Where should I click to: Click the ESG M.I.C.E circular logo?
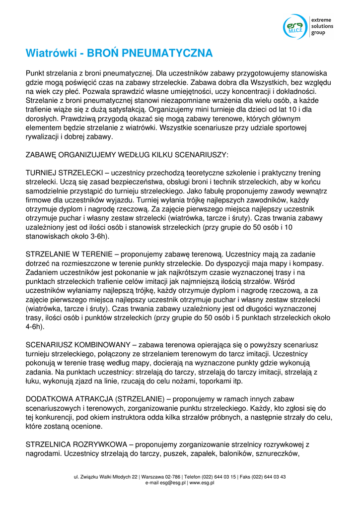[x=295, y=27]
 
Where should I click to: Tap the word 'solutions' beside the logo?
[x=322, y=26]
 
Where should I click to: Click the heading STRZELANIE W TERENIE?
[x=70, y=254]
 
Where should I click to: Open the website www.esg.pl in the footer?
[x=202, y=483]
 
